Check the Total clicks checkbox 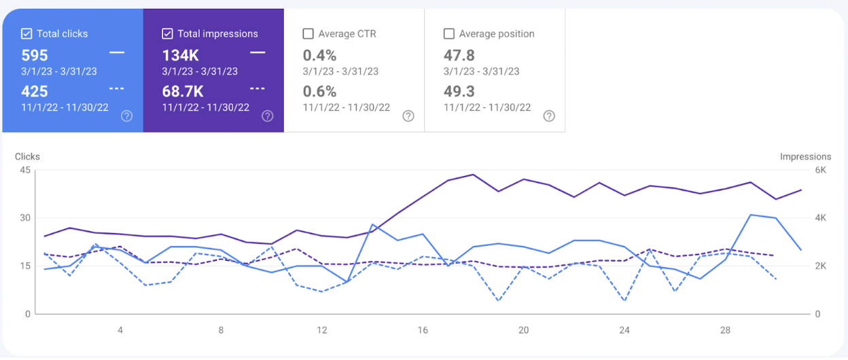coord(26,33)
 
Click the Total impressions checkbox coord(167,33)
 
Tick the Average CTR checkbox coord(308,33)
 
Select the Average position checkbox coord(448,33)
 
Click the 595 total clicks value coord(35,55)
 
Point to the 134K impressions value coord(179,55)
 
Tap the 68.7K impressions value coord(182,91)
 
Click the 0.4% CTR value coord(319,55)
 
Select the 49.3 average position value coord(459,91)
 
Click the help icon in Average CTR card coord(408,116)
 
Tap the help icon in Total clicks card coord(126,116)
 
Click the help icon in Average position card coord(549,116)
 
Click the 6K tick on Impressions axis coord(820,170)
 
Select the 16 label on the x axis coord(423,330)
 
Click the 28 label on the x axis coord(725,330)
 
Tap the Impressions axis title coord(805,156)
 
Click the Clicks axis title coord(27,156)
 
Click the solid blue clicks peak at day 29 coord(751,215)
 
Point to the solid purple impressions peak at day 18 coord(473,175)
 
